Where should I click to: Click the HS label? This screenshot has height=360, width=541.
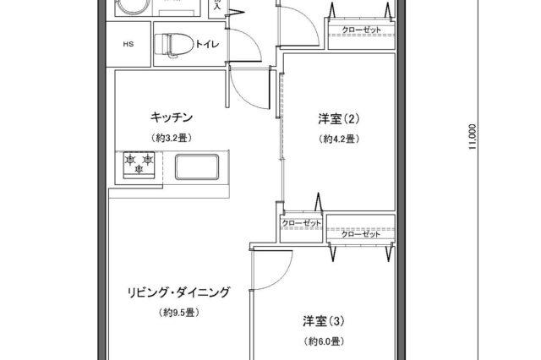point(128,45)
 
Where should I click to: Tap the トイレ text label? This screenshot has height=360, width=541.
point(206,45)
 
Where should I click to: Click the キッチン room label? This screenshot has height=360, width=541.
point(172,117)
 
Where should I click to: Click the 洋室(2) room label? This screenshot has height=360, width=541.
point(335,118)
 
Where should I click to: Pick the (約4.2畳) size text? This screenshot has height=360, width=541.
point(336,138)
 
